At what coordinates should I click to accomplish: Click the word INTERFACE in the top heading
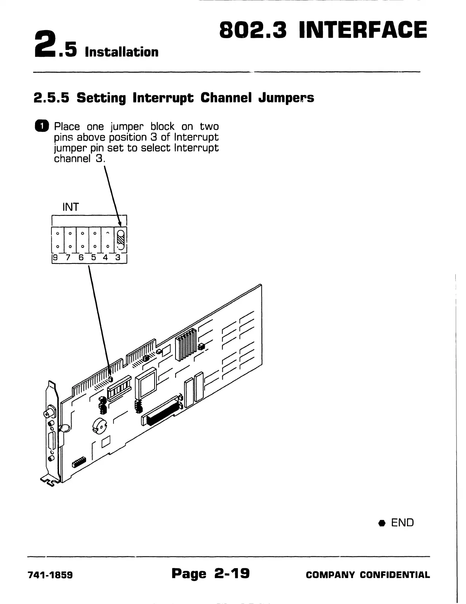pos(363,30)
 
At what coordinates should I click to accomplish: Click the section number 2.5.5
pos(51,98)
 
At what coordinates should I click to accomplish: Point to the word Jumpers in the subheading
pos(286,98)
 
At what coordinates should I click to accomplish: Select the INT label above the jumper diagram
pos(70,207)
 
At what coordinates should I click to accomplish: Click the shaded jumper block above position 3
pos(121,239)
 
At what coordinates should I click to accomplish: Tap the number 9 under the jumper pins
pos(55,257)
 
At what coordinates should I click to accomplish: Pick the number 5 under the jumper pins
pos(94,257)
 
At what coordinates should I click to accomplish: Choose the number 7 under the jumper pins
pos(68,257)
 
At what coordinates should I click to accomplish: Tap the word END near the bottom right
pos(402,522)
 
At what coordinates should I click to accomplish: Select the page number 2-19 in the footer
pos(232,573)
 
